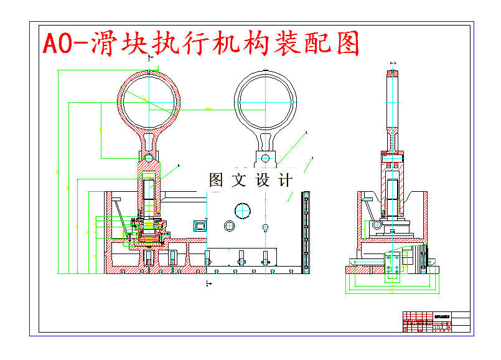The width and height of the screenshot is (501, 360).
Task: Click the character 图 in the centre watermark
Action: [x=217, y=181]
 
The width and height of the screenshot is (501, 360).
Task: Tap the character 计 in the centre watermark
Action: [x=285, y=181]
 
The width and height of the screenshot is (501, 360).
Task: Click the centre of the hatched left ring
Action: [x=149, y=100]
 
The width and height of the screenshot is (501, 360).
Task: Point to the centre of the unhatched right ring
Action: [x=265, y=100]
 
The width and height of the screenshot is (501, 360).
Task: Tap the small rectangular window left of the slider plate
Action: [x=199, y=224]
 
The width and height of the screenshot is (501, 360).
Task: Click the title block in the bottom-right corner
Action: [x=436, y=322]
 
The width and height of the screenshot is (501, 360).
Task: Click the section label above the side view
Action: [x=393, y=64]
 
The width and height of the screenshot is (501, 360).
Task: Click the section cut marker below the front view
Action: [x=207, y=284]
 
